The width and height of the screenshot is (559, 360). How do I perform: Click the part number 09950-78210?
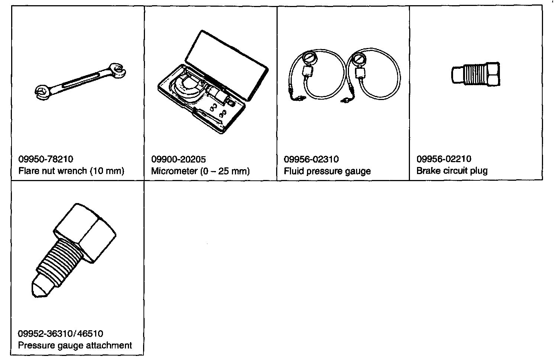(x=46, y=160)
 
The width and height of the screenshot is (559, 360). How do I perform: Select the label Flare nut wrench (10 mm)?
(x=71, y=171)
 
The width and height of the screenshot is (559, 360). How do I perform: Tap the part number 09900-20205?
(x=178, y=160)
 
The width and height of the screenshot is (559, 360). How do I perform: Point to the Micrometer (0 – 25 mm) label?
(x=200, y=171)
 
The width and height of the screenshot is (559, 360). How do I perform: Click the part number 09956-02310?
(x=311, y=160)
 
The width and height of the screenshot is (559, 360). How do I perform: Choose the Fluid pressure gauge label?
(x=327, y=171)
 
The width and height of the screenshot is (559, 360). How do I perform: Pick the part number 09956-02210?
(x=444, y=160)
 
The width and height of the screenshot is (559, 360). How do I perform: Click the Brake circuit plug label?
(x=452, y=171)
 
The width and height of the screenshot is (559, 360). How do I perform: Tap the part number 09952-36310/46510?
(x=61, y=334)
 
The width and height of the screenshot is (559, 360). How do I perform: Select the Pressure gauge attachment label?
(x=75, y=345)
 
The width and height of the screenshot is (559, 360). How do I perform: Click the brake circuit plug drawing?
(x=476, y=75)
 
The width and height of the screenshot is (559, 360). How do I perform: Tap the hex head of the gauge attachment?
(x=85, y=229)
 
